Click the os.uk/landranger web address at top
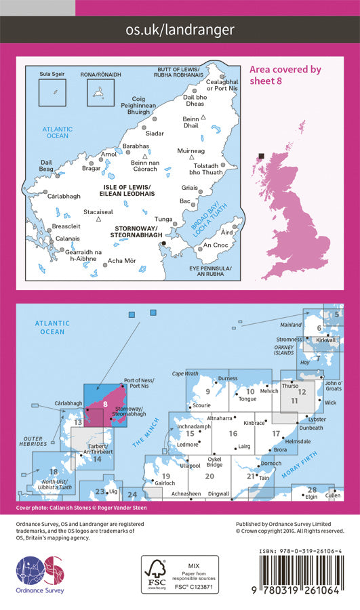180,29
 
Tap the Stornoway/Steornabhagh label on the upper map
134,232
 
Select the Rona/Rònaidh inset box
101,91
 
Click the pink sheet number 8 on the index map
106,405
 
